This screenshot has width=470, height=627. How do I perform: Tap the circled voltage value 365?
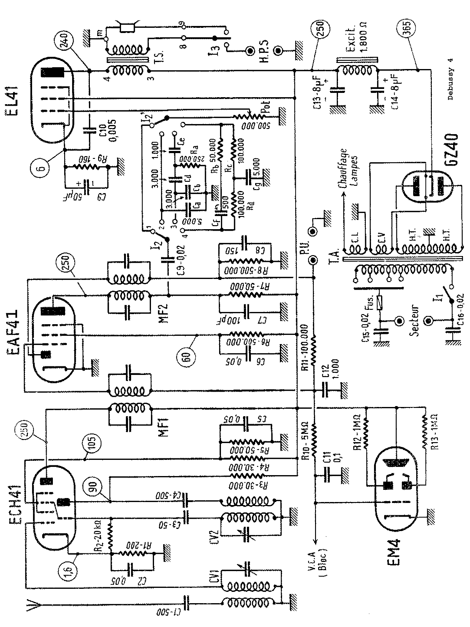408,29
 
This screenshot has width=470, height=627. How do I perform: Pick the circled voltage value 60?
187,356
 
